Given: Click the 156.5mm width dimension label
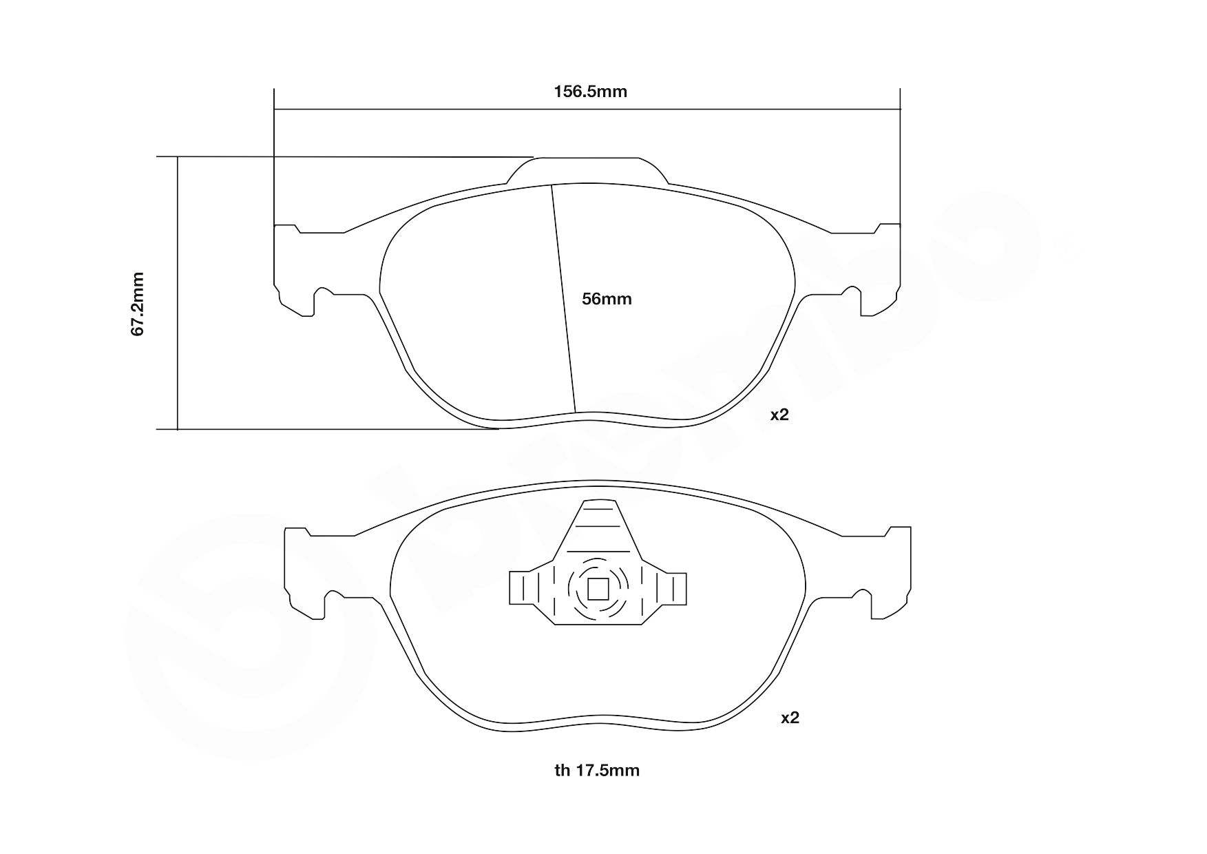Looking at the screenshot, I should point(590,92).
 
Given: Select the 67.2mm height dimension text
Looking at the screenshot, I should point(138,304).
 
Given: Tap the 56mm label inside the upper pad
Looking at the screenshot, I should point(607,299).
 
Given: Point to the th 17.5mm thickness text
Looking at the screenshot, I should point(597,770).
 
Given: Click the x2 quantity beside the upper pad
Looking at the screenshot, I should point(779,415).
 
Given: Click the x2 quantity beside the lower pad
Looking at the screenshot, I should point(790,718).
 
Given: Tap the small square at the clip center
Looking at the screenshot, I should point(598,589).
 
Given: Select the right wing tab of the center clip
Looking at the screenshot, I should point(672,589).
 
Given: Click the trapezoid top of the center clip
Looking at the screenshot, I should point(598,527).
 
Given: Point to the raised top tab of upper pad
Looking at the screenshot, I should point(587,169).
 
